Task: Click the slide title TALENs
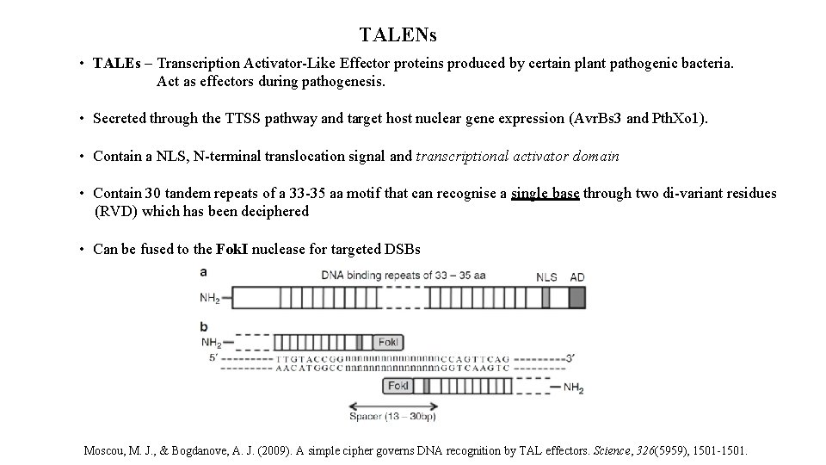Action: click(x=398, y=35)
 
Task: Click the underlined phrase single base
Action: click(x=545, y=194)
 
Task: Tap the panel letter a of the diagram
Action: click(x=203, y=271)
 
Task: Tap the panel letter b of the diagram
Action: click(x=203, y=326)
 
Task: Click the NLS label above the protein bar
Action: click(x=546, y=276)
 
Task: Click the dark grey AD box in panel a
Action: click(x=576, y=297)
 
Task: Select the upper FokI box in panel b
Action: click(x=388, y=342)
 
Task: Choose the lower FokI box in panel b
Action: click(x=398, y=386)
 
